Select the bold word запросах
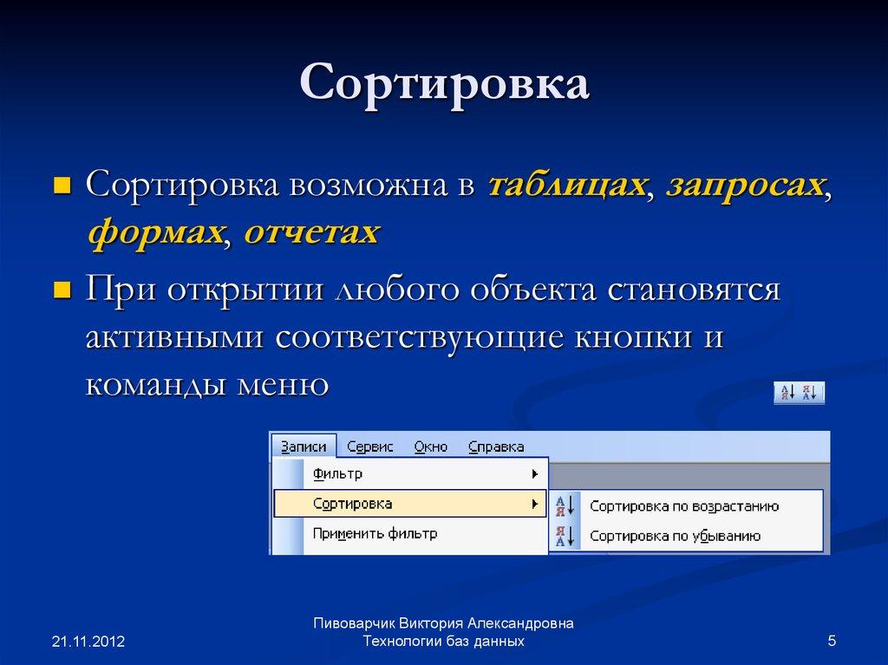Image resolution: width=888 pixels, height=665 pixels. (744, 184)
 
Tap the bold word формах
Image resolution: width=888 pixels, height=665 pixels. (153, 231)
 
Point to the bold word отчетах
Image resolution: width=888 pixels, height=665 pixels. (311, 231)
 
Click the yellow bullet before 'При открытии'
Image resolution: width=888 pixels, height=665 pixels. (62, 290)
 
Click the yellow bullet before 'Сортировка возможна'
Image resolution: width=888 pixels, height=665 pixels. (62, 185)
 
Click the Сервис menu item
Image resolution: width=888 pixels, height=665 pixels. (369, 447)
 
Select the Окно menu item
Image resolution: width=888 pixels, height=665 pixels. (430, 447)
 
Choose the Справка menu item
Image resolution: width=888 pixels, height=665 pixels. (496, 447)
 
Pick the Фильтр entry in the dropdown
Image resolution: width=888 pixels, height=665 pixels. (337, 474)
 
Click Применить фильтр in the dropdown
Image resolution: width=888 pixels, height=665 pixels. (375, 533)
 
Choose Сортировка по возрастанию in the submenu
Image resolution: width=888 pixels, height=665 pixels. (684, 506)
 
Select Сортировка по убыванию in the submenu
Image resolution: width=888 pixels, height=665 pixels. (675, 536)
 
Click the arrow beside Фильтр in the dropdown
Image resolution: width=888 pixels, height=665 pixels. (535, 474)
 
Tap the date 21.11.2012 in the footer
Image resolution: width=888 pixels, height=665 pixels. (88, 642)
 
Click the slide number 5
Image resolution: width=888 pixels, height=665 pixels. (832, 641)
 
